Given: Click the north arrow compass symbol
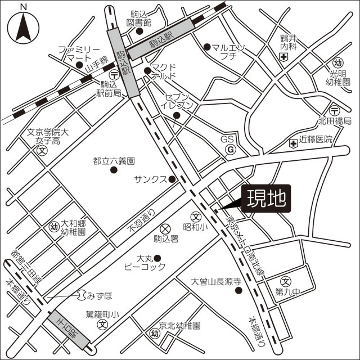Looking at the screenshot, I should coord(23,25).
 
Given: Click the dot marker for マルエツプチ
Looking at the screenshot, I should coord(207,47).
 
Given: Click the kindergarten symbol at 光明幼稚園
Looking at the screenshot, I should coord(338,62).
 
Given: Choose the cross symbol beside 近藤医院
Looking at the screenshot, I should coord(293,144).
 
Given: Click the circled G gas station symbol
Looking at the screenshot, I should coord(229,150).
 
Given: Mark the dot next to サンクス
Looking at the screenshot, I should coord(172,180).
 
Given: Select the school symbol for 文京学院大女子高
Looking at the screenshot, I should coord(42,151).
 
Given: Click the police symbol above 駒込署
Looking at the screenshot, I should coord(165,228).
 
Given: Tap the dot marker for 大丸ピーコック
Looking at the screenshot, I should coord(157,258).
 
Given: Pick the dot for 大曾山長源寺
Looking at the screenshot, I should coord(239,291).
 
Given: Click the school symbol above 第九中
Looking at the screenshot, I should coord(286,281).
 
